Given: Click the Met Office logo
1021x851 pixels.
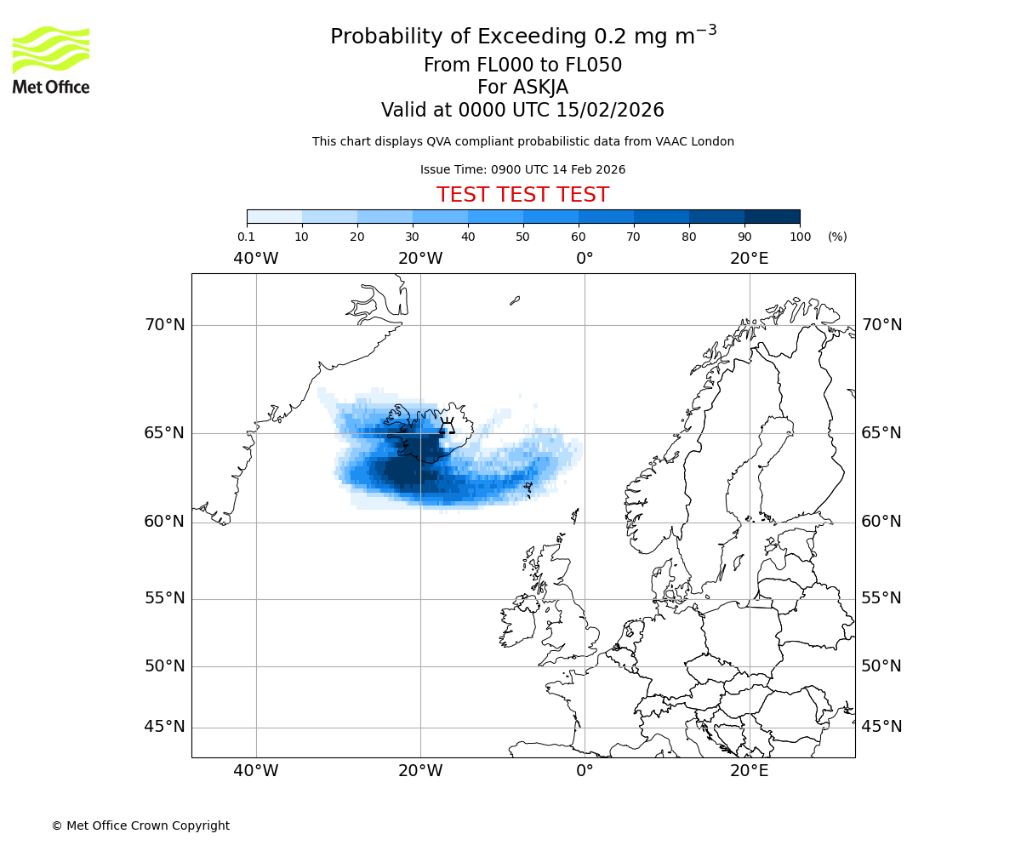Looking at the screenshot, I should click(x=51, y=60).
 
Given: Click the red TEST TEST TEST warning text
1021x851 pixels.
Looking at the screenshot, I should click(x=522, y=195).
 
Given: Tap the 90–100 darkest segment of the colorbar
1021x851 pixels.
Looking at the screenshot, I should click(x=772, y=216).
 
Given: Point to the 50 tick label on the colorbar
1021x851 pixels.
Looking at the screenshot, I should click(x=522, y=237).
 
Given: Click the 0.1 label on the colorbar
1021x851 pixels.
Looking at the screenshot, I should click(x=246, y=237).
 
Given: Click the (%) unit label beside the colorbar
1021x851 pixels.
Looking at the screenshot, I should click(x=837, y=237).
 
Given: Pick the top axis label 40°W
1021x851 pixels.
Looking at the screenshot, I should click(x=255, y=259).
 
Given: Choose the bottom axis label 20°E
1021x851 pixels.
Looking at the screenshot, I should click(x=749, y=771).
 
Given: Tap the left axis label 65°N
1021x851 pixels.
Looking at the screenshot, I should click(x=164, y=433).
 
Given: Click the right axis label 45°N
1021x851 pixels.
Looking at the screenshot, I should click(x=881, y=727).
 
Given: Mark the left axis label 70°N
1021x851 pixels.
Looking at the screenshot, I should click(x=164, y=325).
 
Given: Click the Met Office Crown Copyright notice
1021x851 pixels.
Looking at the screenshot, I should click(x=140, y=825).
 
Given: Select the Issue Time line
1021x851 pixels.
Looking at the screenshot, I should click(x=522, y=169).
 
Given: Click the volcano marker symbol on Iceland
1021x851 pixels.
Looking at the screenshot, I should click(x=446, y=425).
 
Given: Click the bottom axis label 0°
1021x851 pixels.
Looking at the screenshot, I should click(x=585, y=771).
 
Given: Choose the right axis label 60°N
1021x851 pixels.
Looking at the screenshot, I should click(x=881, y=522).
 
